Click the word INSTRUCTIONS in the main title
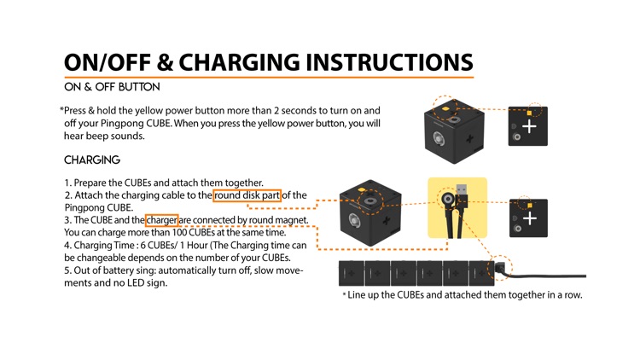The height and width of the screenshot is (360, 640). pyautogui.click(x=389, y=62)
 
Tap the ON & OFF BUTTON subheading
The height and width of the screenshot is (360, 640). pyautogui.click(x=112, y=87)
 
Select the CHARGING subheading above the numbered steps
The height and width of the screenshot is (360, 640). pyautogui.click(x=92, y=160)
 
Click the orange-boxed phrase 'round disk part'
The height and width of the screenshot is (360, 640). pyautogui.click(x=247, y=195)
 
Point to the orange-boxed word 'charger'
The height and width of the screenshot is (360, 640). pyautogui.click(x=161, y=220)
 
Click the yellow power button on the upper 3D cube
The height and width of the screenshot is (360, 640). pyautogui.click(x=445, y=108)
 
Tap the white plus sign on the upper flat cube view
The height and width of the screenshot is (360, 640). pyautogui.click(x=529, y=126)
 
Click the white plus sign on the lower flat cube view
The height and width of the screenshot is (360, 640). pyautogui.click(x=530, y=218)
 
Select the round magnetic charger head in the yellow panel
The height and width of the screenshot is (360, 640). pyautogui.click(x=448, y=199)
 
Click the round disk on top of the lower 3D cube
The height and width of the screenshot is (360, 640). pyautogui.click(x=370, y=201)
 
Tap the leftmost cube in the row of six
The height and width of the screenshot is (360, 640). pyautogui.click(x=351, y=273)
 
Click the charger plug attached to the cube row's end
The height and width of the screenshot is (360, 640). pyautogui.click(x=500, y=269)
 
